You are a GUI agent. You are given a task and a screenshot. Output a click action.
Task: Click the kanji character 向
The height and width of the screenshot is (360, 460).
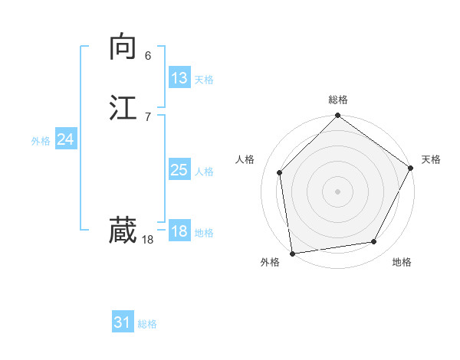click(x=123, y=47)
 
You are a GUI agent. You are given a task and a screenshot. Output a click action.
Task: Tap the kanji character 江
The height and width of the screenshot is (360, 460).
click(x=123, y=107)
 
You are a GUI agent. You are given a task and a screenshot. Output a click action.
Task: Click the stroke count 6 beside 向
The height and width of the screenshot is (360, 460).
click(x=148, y=56)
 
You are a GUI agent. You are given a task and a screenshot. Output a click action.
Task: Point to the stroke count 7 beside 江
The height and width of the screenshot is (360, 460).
click(x=148, y=116)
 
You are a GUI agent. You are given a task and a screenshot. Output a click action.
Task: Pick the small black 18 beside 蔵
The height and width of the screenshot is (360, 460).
click(x=147, y=240)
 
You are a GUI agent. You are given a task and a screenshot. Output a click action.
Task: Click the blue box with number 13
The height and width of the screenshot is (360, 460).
click(x=179, y=78)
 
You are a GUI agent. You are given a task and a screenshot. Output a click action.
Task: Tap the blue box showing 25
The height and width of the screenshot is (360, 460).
click(x=179, y=170)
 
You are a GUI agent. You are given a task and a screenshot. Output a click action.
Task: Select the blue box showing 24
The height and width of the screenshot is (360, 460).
click(x=65, y=139)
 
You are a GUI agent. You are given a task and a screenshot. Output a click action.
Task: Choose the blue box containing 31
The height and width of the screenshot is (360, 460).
click(x=123, y=322)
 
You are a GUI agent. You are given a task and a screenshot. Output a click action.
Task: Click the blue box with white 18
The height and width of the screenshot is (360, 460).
click(x=179, y=231)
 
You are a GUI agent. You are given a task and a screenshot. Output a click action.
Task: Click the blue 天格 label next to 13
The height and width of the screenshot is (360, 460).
click(x=204, y=80)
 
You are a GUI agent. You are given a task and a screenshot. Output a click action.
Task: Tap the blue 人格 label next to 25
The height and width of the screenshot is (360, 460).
click(x=204, y=172)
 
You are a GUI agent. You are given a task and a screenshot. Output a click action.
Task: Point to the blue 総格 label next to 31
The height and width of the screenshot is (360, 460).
click(x=147, y=324)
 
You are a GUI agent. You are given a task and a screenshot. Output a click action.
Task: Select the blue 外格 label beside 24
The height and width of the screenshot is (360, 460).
click(x=41, y=141)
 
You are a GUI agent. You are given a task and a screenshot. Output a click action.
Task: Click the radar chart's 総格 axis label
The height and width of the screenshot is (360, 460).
click(x=337, y=100)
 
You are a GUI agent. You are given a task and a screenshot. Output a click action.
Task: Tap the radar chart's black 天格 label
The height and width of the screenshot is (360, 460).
click(x=431, y=159)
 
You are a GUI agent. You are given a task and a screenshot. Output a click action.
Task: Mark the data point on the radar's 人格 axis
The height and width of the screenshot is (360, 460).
click(x=280, y=172)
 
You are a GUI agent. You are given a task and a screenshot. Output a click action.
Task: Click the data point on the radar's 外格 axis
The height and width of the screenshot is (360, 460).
click(x=292, y=253)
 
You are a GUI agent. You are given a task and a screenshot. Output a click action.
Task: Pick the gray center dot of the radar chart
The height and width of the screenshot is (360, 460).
click(x=337, y=191)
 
